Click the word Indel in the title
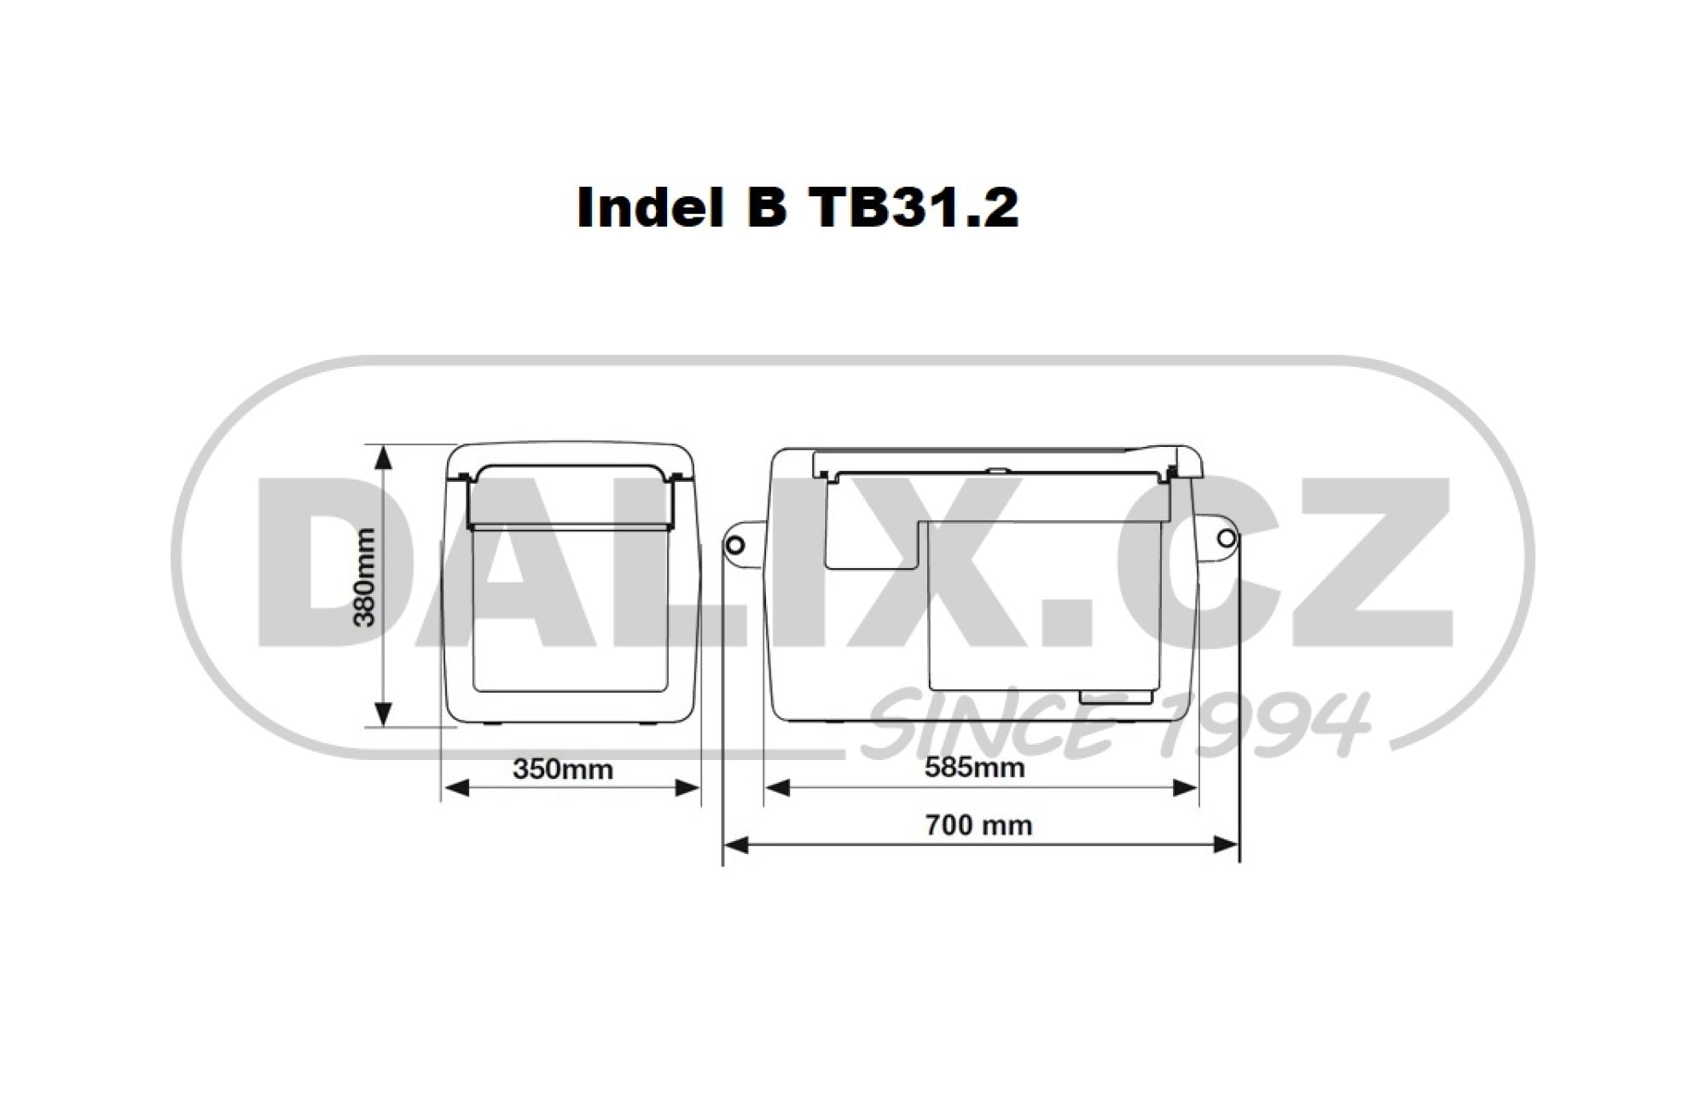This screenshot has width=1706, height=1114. point(643,208)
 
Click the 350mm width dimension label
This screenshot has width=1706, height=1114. point(563,769)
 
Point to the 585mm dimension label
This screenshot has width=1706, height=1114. point(975,768)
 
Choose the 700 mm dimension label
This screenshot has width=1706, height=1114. point(978,826)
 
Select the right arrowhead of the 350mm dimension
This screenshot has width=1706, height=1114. point(687,788)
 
